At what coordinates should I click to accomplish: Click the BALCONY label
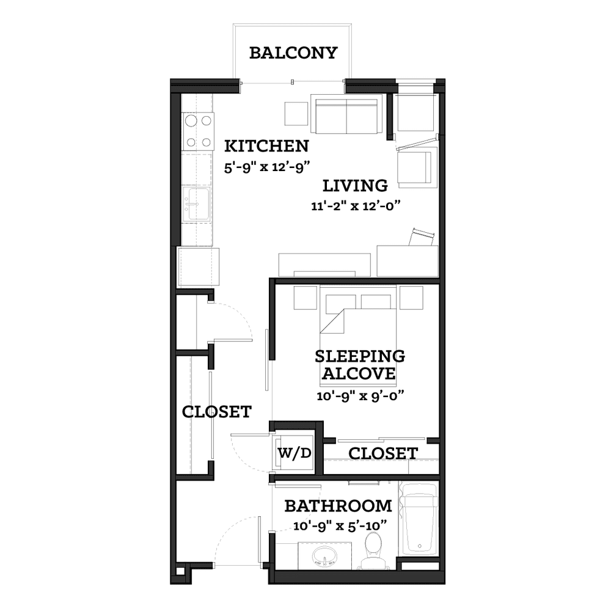(x=293, y=53)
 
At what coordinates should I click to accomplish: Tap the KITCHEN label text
(x=266, y=146)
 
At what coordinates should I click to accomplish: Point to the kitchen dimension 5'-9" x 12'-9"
(x=266, y=167)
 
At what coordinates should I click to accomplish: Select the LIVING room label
(x=355, y=186)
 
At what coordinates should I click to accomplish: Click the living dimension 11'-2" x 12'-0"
(x=356, y=205)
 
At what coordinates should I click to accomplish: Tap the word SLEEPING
(x=360, y=356)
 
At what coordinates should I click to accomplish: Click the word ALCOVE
(x=359, y=373)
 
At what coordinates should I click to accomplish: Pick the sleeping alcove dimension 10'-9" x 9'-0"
(x=360, y=396)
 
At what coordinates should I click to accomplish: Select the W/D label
(x=295, y=453)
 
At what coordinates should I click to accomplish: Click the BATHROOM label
(x=338, y=506)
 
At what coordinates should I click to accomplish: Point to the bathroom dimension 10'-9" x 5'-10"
(x=340, y=526)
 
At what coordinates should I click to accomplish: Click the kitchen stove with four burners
(x=199, y=131)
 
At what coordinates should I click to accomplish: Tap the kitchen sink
(x=197, y=205)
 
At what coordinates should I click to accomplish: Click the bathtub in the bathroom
(x=419, y=518)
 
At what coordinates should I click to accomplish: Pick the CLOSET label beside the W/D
(x=383, y=453)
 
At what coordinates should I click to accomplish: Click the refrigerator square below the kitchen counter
(x=199, y=266)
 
